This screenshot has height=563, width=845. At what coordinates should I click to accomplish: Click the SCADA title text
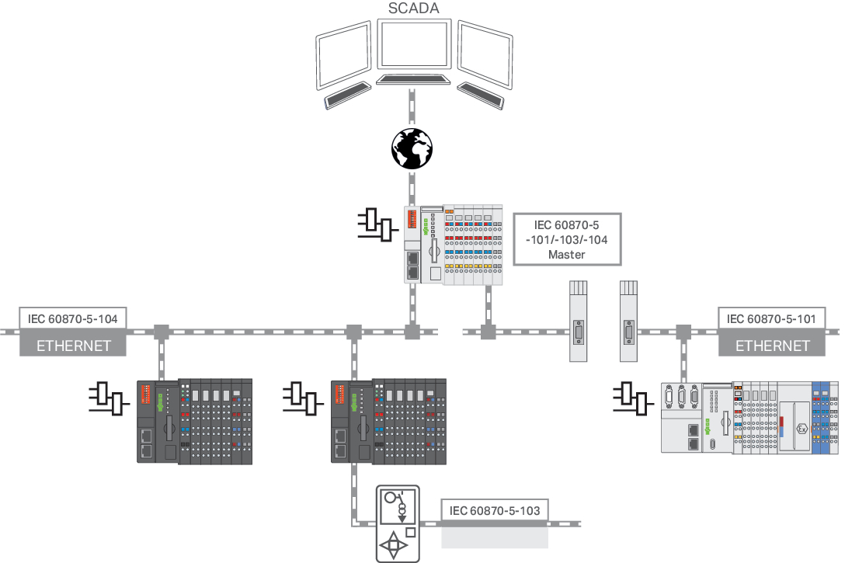click(x=412, y=9)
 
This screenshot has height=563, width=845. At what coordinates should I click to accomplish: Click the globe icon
click(x=412, y=148)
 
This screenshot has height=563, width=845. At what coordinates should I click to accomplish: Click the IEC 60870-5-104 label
click(x=73, y=318)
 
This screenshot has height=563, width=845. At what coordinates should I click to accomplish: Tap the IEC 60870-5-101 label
click(x=772, y=318)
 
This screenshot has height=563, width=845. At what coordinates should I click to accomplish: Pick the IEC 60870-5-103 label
click(x=495, y=510)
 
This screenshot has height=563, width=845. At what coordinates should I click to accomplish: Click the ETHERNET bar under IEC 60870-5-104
click(x=73, y=346)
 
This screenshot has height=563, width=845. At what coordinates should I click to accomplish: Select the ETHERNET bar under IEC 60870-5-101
click(x=772, y=346)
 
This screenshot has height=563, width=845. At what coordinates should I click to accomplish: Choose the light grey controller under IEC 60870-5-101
click(x=749, y=417)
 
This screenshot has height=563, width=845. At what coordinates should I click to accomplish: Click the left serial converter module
click(x=578, y=320)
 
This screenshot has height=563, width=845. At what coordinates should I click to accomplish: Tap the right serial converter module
click(x=628, y=320)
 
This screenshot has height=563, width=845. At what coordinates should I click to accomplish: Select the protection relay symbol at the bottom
click(x=397, y=523)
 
